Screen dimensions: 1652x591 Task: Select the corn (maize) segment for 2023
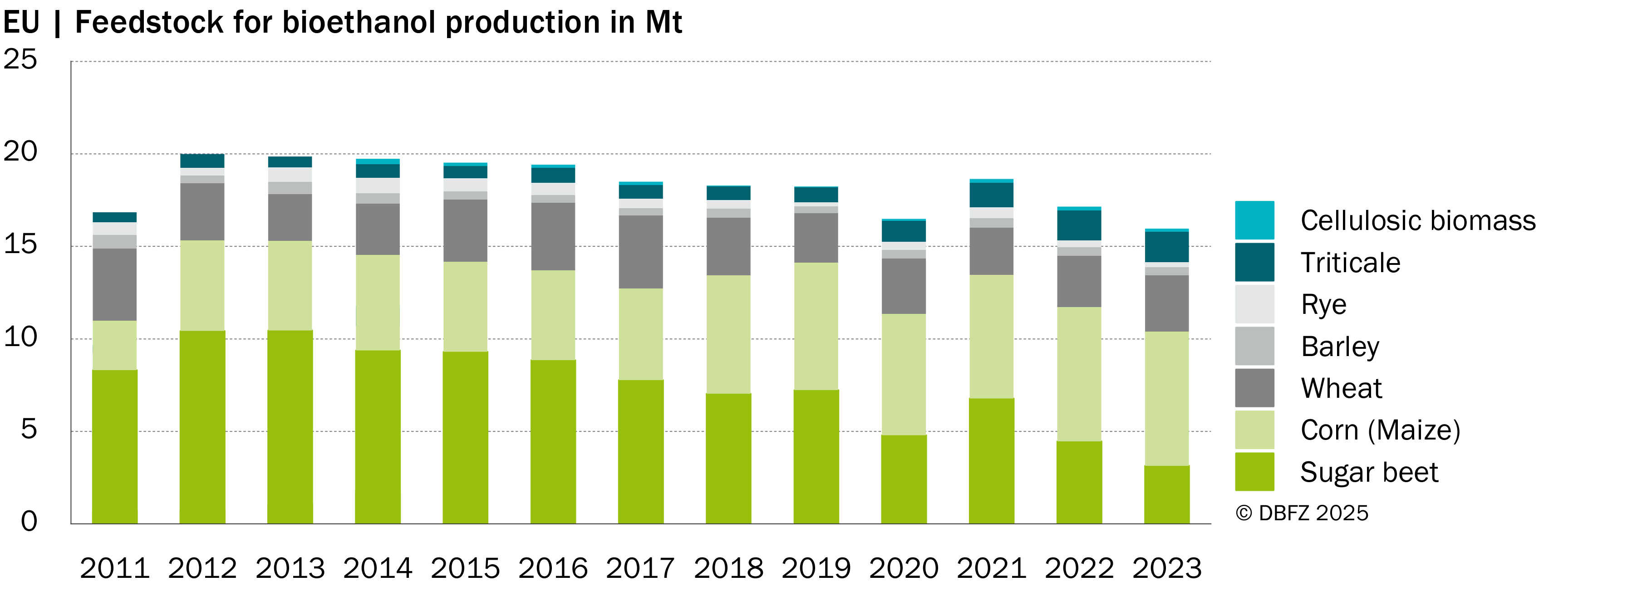coord(1166,398)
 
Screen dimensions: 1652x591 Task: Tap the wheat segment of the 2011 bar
coord(115,284)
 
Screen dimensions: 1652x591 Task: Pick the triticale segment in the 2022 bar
coord(1079,225)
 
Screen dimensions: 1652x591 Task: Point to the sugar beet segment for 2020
coord(904,479)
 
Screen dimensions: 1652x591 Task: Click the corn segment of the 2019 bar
coord(816,326)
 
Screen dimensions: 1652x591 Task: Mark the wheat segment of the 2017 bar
coord(641,252)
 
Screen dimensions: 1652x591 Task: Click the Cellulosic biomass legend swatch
coord(1254,220)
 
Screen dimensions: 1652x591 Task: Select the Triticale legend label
coord(1350,263)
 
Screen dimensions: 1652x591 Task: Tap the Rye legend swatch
coord(1254,304)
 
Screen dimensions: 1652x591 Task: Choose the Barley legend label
coord(1340,347)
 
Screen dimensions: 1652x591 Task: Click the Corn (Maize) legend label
coord(1380,430)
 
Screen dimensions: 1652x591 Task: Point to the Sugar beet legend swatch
coord(1254,472)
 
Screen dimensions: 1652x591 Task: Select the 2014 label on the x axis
coord(378,568)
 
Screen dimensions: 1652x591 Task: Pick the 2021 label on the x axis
coord(992,568)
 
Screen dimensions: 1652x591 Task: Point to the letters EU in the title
coord(21,22)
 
